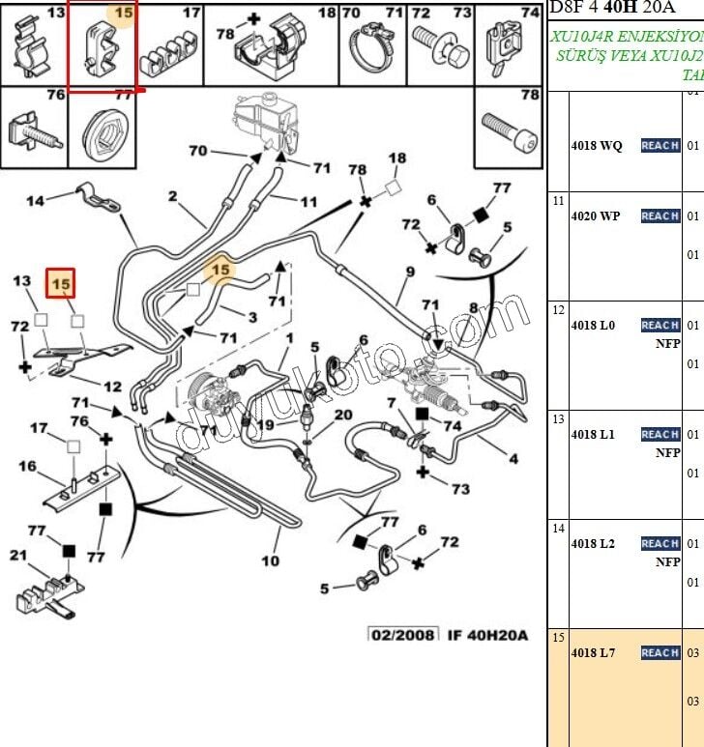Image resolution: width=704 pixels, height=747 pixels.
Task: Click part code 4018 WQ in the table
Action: point(596,146)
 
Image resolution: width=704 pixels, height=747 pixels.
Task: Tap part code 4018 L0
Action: point(593,326)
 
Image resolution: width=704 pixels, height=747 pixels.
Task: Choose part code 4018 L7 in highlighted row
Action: point(593,653)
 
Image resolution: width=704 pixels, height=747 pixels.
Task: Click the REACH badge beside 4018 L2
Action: point(660,544)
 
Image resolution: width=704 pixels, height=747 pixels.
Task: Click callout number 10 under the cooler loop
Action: point(270,560)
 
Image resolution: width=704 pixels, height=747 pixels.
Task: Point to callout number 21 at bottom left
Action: point(18,555)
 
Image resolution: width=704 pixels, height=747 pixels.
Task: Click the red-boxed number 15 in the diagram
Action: point(61,284)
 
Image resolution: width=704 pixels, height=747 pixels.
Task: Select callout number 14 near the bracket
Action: point(35,201)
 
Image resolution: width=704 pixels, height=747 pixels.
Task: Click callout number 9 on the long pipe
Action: point(410,272)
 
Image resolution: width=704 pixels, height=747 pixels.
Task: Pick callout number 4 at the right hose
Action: point(513,458)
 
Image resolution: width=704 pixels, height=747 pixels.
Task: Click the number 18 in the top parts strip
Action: point(327,13)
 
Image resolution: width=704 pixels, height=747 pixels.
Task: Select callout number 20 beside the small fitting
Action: point(343,415)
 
